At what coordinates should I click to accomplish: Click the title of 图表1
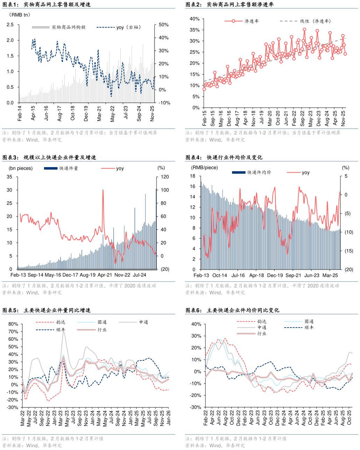[46, 5]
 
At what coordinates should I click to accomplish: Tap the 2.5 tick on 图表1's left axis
[10, 25]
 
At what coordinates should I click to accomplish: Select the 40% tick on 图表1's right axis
[164, 38]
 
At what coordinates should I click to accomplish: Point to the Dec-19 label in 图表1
[86, 114]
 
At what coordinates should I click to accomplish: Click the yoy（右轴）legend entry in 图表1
[118, 27]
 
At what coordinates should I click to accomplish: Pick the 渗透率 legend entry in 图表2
[242, 21]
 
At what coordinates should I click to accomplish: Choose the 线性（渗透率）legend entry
[305, 21]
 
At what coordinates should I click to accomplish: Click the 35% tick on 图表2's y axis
[195, 30]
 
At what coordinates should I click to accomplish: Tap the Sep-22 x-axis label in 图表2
[302, 118]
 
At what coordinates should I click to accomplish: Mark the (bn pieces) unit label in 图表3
[21, 168]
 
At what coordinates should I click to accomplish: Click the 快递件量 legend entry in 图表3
[61, 168]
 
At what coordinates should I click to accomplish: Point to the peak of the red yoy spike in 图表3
[103, 190]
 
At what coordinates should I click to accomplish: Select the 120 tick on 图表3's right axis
[165, 177]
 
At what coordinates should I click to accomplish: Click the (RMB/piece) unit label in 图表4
[204, 168]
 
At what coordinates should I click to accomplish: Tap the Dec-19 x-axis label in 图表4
[275, 276]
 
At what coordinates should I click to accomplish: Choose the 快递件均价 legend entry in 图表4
[252, 172]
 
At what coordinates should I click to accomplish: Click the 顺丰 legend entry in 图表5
[50, 330]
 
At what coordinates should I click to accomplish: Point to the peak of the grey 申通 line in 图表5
[64, 332]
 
